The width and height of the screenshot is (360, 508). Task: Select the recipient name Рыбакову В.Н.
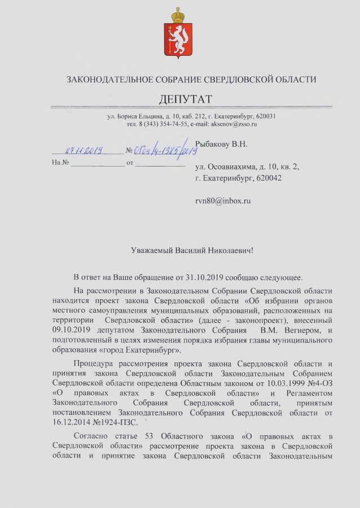[221, 144]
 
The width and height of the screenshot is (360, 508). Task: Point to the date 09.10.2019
[69, 329]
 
